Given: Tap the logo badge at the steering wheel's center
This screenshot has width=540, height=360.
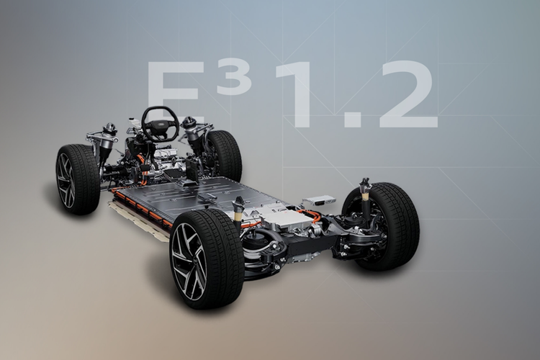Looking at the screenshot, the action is [161, 123].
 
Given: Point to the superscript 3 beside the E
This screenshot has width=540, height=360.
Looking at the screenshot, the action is [234, 78].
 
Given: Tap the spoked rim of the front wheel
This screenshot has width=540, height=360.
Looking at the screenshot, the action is [66, 180].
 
